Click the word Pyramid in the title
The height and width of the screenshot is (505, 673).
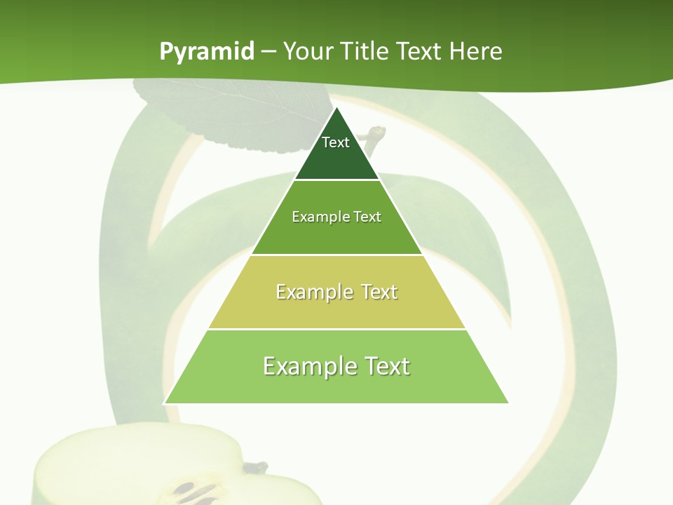pyautogui.click(x=207, y=52)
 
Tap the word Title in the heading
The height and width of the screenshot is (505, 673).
pyautogui.click(x=365, y=52)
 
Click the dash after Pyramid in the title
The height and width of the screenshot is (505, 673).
pyautogui.click(x=268, y=52)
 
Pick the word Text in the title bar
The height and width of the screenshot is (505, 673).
pyautogui.click(x=419, y=52)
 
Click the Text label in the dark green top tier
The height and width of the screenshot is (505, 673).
pyautogui.click(x=336, y=142)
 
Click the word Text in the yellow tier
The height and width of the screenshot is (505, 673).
pyautogui.click(x=379, y=292)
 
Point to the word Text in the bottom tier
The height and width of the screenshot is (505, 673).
pyautogui.click(x=386, y=366)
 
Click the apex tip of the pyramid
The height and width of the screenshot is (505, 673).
pyautogui.click(x=336, y=108)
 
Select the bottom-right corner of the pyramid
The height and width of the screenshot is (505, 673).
pyautogui.click(x=508, y=403)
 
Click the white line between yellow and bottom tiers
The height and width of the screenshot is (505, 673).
pyautogui.click(x=336, y=329)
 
